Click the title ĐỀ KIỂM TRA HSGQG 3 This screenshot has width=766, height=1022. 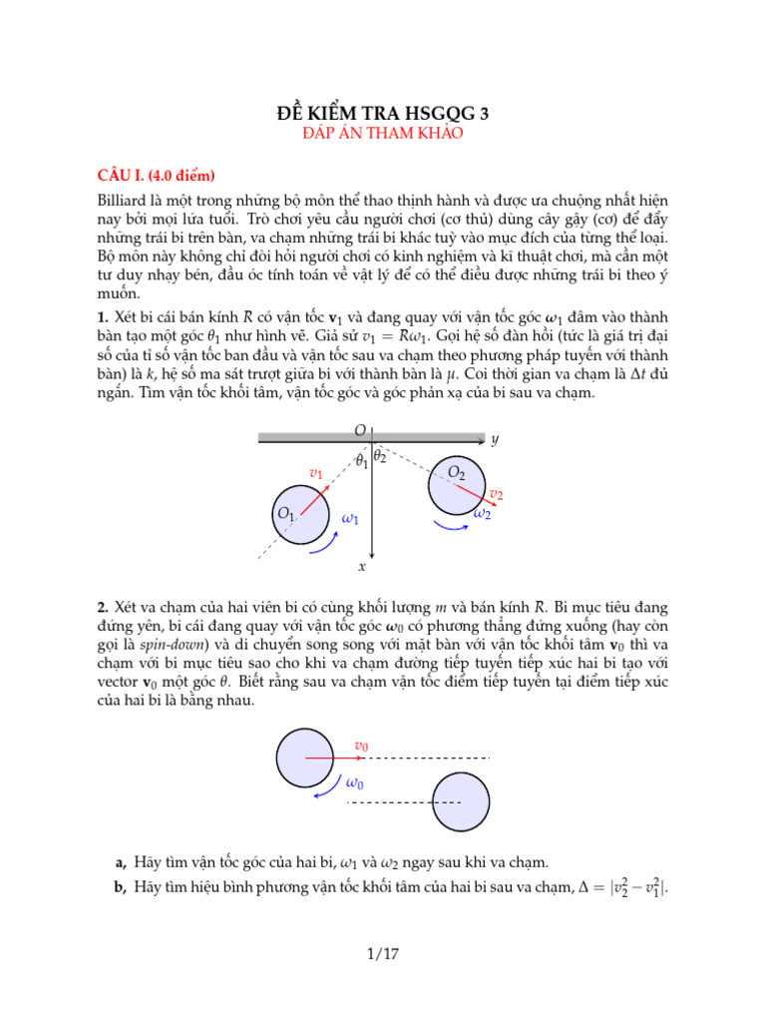click(x=383, y=113)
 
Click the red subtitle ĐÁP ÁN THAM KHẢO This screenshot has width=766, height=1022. click(x=383, y=132)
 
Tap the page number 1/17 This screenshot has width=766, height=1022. click(x=383, y=954)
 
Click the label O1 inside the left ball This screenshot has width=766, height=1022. click(x=286, y=514)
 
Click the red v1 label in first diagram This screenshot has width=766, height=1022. click(x=316, y=473)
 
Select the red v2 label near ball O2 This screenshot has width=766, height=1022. click(x=496, y=494)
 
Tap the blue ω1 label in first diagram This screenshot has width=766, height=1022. click(x=350, y=519)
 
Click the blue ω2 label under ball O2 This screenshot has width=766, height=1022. click(x=482, y=513)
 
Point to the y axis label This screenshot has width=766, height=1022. click(x=495, y=439)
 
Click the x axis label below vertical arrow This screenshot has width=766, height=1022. click(x=362, y=566)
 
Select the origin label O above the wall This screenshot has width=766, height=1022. click(x=359, y=430)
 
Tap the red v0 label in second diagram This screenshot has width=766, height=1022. click(x=361, y=746)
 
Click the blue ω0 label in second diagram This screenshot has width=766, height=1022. click(x=354, y=782)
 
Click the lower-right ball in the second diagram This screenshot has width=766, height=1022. click(x=462, y=801)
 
